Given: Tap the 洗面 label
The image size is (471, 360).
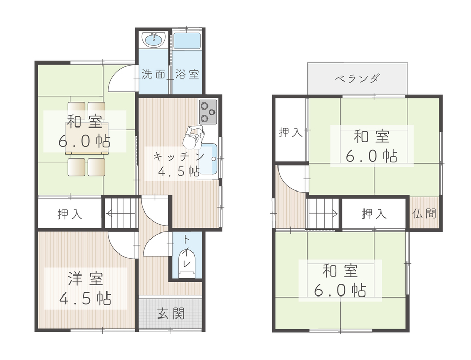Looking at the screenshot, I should [x=153, y=74].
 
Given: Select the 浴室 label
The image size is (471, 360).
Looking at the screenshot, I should [x=187, y=74].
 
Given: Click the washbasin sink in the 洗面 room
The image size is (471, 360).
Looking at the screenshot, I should [x=153, y=39].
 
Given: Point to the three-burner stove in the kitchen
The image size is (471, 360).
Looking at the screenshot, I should [x=208, y=112].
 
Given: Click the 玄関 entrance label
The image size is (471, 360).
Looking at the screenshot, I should [x=171, y=313].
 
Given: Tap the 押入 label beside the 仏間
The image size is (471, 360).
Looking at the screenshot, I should [x=374, y=214].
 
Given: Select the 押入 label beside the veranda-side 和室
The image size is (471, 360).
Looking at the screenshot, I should [x=290, y=133].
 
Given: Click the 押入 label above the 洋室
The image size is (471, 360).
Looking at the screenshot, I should [x=70, y=214].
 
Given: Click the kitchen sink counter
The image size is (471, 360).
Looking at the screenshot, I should [x=209, y=159].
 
